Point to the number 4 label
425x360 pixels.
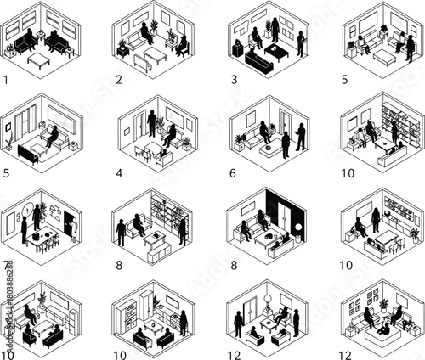click(x=119, y=172)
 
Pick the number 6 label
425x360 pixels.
click(x=232, y=172)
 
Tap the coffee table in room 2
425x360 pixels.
click(x=155, y=56)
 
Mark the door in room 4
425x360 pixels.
click(x=138, y=127)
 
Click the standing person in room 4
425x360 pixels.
click(x=152, y=124)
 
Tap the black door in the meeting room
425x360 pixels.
click(x=65, y=222)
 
